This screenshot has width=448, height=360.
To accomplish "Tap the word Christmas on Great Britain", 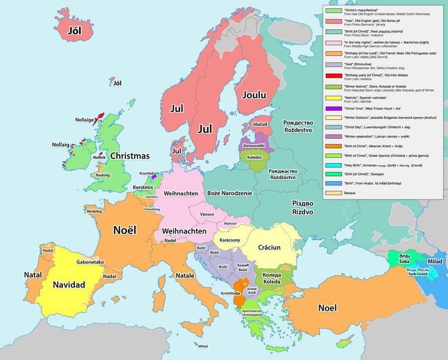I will [x=130, y=156].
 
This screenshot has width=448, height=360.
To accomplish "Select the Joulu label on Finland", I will [x=254, y=95].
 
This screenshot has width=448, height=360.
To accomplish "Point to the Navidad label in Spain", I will [x=69, y=285].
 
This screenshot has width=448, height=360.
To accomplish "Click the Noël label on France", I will [x=125, y=230].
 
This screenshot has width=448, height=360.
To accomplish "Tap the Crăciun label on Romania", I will [x=270, y=247].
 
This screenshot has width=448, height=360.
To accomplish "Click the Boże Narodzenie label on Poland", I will [x=230, y=193].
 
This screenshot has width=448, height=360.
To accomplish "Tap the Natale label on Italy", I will [x=185, y=275].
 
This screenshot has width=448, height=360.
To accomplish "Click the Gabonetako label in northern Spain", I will [x=90, y=262].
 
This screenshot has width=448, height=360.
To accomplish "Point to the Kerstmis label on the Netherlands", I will [x=143, y=187].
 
